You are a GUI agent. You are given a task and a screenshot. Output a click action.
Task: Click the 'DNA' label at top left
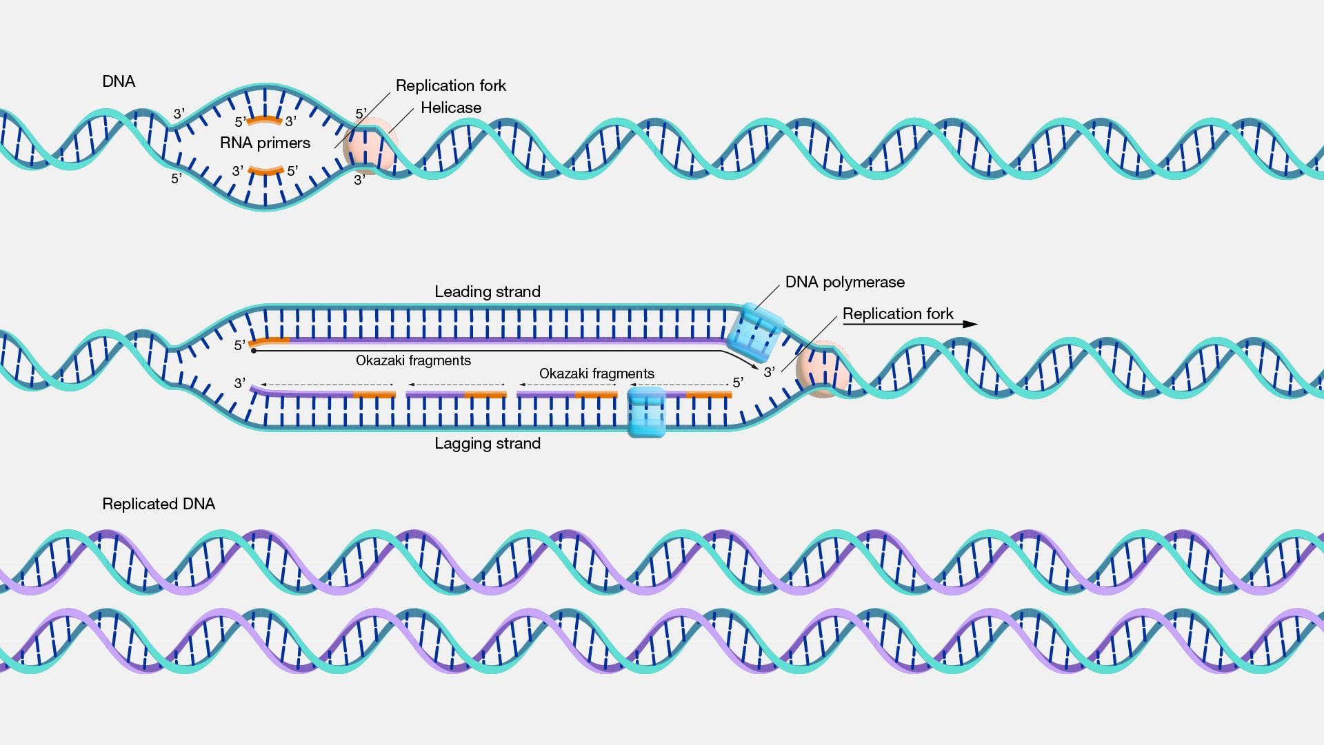(x=119, y=81)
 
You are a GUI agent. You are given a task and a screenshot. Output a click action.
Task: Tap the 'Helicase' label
(x=451, y=108)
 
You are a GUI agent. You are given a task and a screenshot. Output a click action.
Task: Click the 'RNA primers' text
(x=265, y=143)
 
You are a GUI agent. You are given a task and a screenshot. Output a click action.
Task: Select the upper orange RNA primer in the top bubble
(x=265, y=121)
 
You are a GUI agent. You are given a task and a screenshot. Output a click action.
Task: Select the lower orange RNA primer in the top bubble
(x=265, y=170)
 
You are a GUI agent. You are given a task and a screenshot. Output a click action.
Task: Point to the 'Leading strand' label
(x=487, y=292)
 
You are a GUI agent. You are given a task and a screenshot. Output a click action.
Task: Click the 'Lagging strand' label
(x=487, y=443)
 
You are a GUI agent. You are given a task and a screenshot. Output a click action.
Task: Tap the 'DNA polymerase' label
(x=844, y=282)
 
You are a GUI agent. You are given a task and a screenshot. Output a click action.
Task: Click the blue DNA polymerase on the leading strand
(x=754, y=332)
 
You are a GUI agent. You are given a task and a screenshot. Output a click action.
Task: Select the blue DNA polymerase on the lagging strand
(x=646, y=412)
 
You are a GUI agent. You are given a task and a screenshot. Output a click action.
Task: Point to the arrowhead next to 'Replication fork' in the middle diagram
(x=970, y=324)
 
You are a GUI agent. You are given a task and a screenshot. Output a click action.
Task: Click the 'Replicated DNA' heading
(x=159, y=504)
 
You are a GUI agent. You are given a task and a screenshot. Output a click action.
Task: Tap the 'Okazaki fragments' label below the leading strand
(x=413, y=360)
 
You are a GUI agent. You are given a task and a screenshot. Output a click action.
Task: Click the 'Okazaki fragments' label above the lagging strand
(x=596, y=374)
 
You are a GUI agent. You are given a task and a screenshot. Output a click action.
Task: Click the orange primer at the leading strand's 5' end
(x=270, y=341)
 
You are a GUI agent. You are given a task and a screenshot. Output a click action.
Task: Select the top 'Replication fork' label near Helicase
(x=451, y=85)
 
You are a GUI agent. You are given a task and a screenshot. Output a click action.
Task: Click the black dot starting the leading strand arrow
(x=254, y=351)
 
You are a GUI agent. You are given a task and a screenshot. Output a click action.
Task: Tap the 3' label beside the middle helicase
(x=769, y=372)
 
